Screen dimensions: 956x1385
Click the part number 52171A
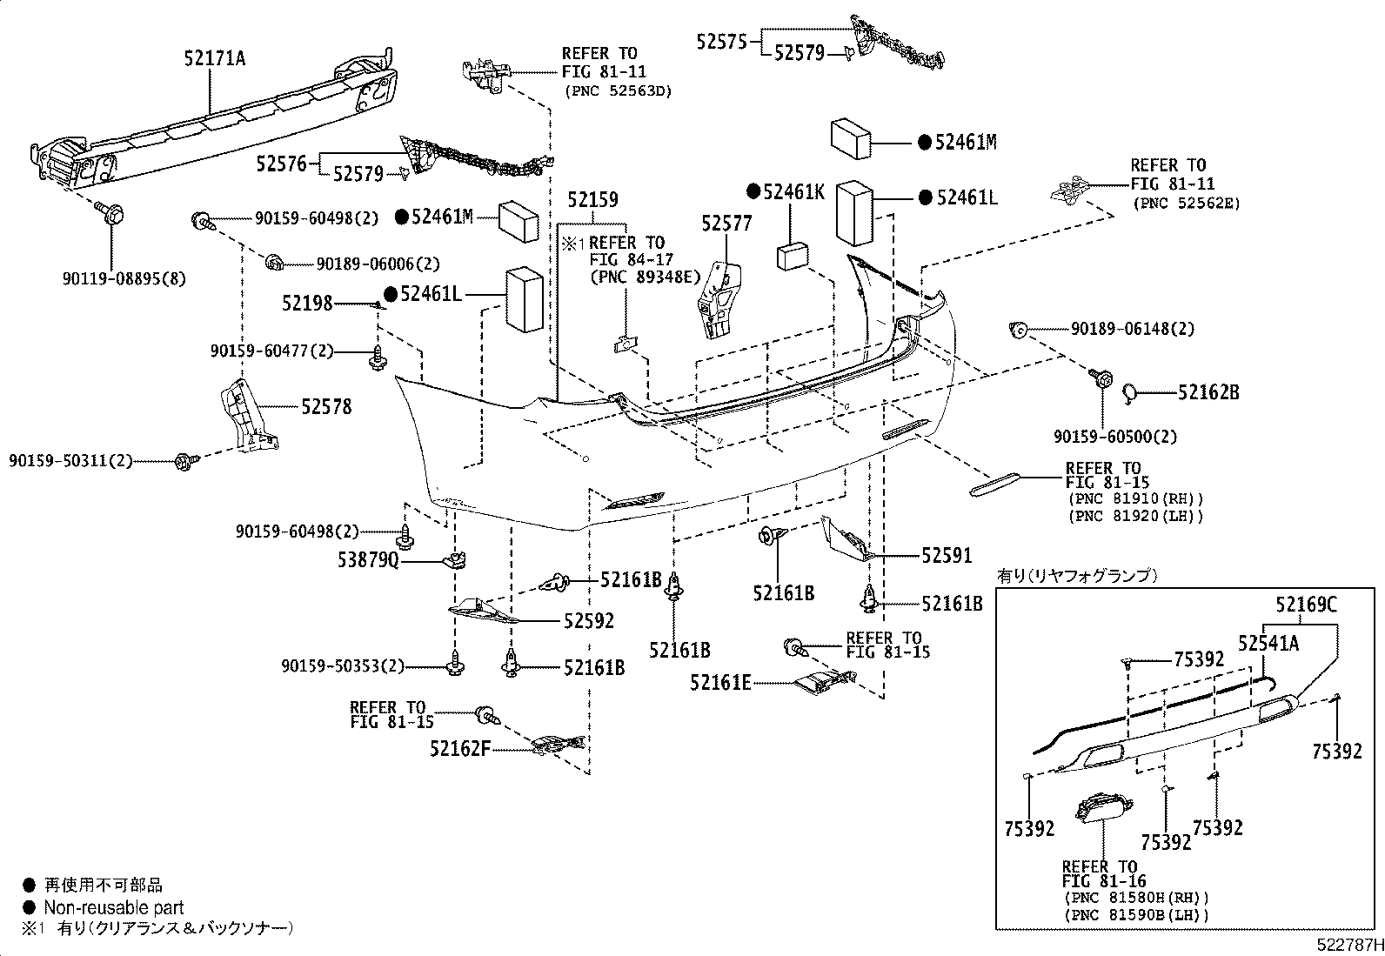(x=214, y=58)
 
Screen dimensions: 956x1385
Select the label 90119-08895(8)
(x=124, y=279)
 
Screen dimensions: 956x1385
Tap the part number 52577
(x=726, y=224)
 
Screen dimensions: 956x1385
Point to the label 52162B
(x=1208, y=393)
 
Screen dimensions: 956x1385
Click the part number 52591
(x=947, y=555)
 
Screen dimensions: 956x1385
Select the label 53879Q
(x=368, y=562)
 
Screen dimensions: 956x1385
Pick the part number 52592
(x=588, y=621)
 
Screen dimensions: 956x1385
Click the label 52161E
(x=720, y=683)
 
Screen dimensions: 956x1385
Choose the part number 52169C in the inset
(x=1306, y=604)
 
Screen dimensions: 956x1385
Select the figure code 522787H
(x=1348, y=945)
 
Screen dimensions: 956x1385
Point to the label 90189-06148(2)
(x=1133, y=329)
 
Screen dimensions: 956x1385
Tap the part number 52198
(x=307, y=303)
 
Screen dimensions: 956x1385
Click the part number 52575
(x=721, y=41)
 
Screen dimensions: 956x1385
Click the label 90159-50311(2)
(x=71, y=460)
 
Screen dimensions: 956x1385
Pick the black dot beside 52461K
(x=753, y=191)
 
